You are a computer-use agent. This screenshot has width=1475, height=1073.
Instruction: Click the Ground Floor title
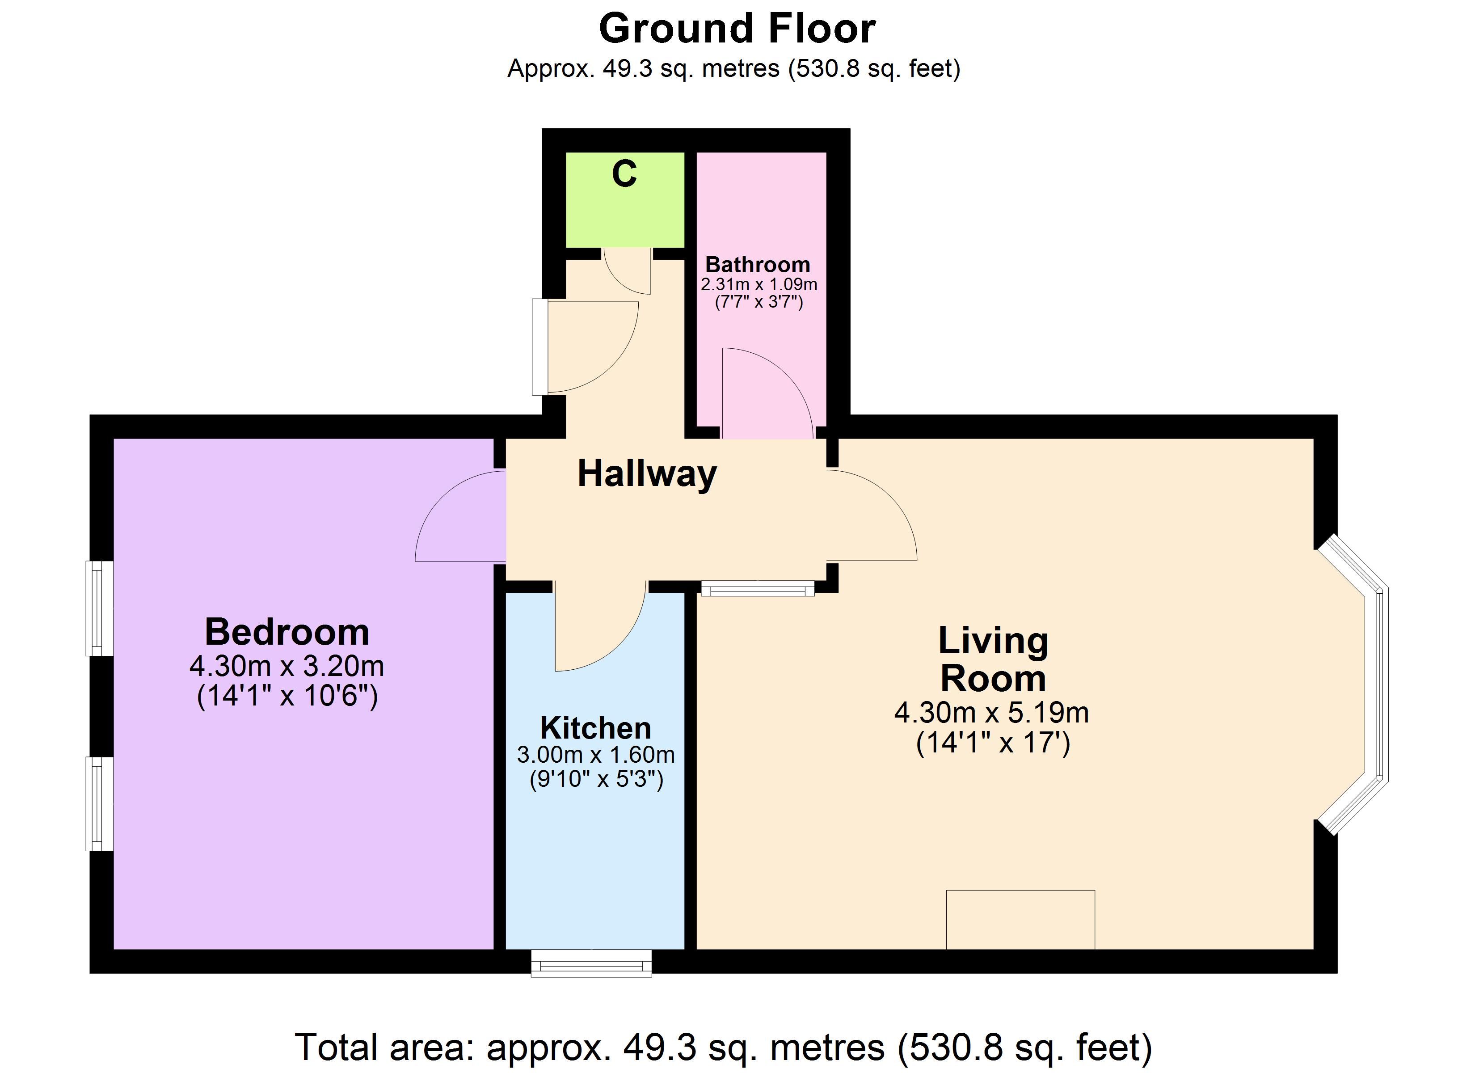(737, 29)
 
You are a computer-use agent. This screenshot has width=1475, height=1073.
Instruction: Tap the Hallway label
(647, 474)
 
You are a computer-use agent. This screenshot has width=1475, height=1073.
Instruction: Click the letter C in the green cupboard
(624, 174)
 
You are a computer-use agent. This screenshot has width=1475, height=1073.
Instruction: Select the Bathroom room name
(758, 265)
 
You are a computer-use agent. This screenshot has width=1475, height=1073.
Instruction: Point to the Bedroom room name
(287, 632)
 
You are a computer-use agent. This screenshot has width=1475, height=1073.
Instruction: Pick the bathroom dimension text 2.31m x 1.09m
(759, 284)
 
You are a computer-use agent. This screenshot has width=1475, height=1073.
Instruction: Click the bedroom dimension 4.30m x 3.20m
(287, 666)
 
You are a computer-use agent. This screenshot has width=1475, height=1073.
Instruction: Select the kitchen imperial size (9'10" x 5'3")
(596, 779)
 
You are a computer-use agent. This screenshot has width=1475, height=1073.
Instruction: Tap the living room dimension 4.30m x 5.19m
(992, 713)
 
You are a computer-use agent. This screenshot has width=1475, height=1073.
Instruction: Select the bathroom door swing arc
(788, 373)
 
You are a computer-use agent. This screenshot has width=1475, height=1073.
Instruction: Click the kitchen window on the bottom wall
(591, 963)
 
